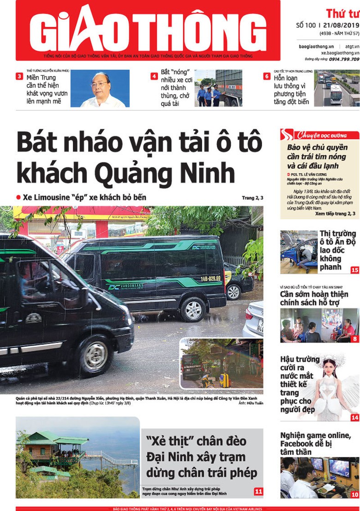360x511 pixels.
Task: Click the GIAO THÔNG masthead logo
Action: [148, 30]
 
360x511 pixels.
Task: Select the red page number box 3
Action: [19, 77]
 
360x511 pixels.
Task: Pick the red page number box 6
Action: [267, 76]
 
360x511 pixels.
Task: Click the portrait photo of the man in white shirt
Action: [100, 89]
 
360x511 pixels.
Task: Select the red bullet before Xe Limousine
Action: [18, 197]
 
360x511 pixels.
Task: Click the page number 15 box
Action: [354, 270]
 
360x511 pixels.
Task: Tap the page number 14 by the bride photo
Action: [354, 418]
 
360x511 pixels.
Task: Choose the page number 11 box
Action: [258, 492]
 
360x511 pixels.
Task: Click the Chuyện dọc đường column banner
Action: [319, 135]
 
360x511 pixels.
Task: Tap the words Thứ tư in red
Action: [342, 13]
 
